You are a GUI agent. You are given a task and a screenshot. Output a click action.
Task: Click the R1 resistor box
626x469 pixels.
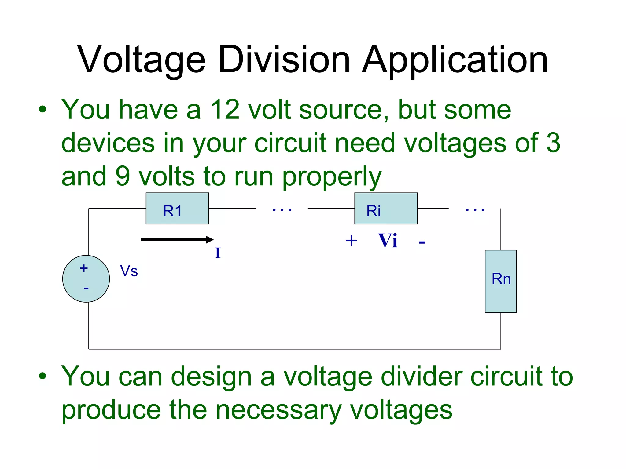pyautogui.click(x=177, y=209)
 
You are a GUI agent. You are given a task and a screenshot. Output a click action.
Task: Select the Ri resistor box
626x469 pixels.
pyautogui.click(x=386, y=209)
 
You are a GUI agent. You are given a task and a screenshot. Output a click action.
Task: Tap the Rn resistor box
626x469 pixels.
pyautogui.click(x=501, y=281)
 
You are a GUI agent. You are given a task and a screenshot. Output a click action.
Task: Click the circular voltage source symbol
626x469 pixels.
pyautogui.click(x=86, y=279)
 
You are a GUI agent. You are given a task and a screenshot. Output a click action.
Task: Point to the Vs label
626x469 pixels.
pyautogui.click(x=129, y=271)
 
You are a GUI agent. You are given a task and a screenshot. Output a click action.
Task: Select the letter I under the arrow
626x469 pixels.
pyautogui.click(x=218, y=253)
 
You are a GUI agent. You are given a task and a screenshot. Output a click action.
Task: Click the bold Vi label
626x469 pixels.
pyautogui.click(x=388, y=241)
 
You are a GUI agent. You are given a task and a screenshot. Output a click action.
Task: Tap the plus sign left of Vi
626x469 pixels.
pyautogui.click(x=351, y=241)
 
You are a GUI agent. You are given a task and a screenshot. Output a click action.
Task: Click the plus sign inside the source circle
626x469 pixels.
pyautogui.click(x=84, y=268)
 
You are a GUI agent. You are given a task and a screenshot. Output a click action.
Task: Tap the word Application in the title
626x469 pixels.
pyautogui.click(x=455, y=60)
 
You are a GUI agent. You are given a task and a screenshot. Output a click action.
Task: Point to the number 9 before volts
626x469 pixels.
pyautogui.click(x=123, y=176)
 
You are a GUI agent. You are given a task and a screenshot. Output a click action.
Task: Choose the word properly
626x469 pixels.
pyautogui.click(x=332, y=177)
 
